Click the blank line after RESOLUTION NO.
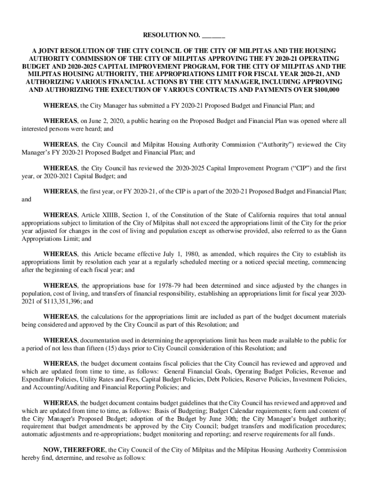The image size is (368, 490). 213,35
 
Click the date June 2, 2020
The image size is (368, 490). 100,121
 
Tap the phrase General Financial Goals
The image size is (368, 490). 199,371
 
